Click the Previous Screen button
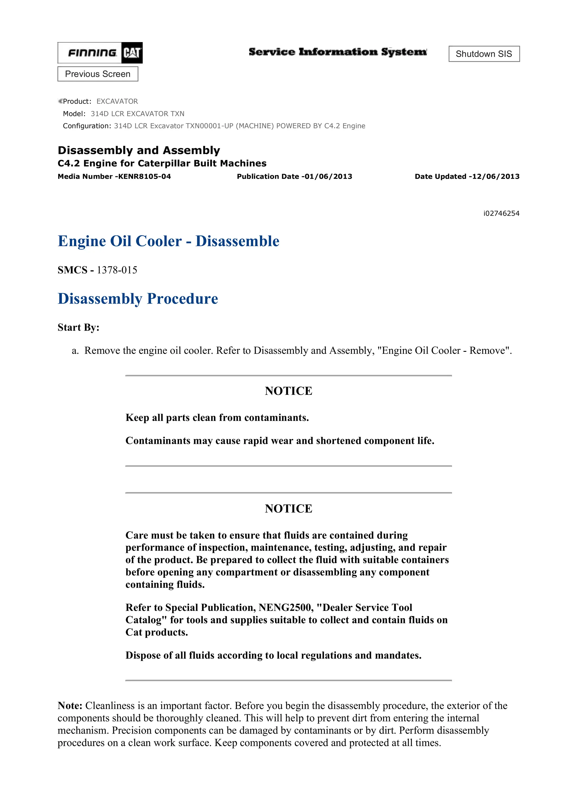[98, 74]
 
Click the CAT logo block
[132, 53]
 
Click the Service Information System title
[338, 52]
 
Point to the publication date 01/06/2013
[328, 177]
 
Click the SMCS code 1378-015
[117, 270]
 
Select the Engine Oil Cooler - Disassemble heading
[168, 241]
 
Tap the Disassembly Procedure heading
[137, 299]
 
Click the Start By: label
[78, 327]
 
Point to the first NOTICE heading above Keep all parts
[288, 391]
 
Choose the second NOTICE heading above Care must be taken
[288, 508]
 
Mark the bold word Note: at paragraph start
[70, 706]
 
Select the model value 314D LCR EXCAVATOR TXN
[137, 114]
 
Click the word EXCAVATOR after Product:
[117, 101]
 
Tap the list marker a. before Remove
[75, 350]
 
